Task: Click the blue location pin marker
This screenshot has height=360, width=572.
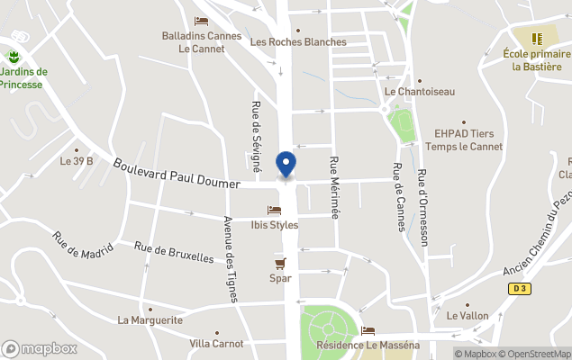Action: tap(286, 165)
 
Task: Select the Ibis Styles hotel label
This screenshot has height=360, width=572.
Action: tap(274, 225)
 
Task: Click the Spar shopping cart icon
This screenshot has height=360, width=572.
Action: tap(280, 263)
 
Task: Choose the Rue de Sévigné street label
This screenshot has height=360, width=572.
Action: tap(256, 136)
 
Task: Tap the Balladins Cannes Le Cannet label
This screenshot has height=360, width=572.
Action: tap(202, 42)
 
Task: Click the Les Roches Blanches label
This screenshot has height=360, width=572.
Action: tap(298, 41)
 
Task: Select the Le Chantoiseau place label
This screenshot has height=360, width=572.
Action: tap(420, 91)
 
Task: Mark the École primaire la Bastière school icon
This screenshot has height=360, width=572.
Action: tap(538, 39)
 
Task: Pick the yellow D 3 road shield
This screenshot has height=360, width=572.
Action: tap(518, 288)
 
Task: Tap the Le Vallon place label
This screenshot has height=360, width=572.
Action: tap(467, 316)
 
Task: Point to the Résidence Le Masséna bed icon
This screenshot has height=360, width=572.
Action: tap(368, 331)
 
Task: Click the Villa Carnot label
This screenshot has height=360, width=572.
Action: tap(216, 343)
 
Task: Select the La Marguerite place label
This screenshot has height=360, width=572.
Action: tap(150, 319)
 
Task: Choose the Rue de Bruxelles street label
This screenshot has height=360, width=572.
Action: tap(174, 252)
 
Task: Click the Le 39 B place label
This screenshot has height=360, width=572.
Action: tap(77, 161)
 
